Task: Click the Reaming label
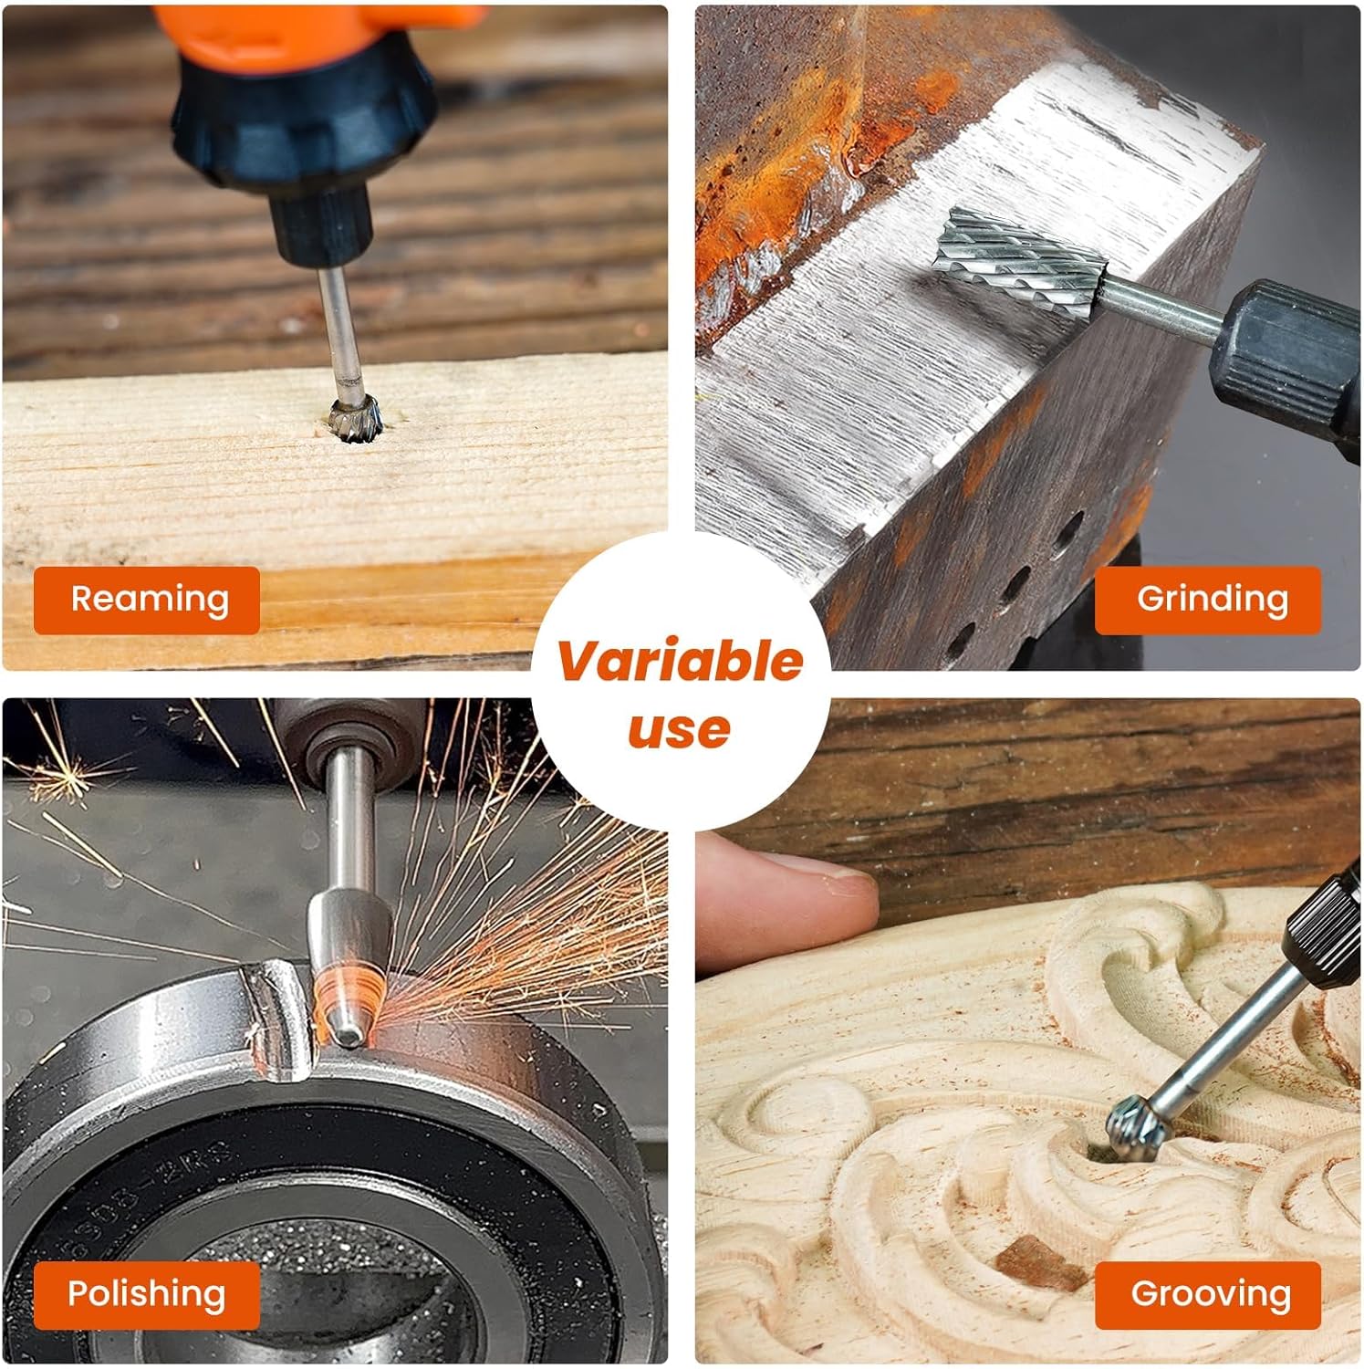147,600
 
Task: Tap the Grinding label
1208,600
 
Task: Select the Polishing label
147,1294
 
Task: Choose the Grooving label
1208,1294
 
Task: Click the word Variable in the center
681,661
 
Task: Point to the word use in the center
680,729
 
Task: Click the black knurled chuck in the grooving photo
1323,917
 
